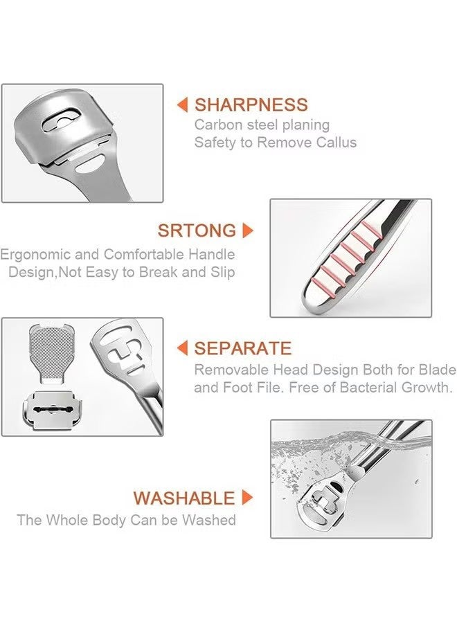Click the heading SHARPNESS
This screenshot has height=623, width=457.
(x=251, y=105)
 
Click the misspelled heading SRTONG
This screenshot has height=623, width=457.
(x=197, y=231)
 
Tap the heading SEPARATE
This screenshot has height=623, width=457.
(x=243, y=348)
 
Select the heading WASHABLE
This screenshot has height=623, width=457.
(x=184, y=498)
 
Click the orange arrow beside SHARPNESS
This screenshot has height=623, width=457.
(x=183, y=105)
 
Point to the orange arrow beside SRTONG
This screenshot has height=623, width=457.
(x=248, y=231)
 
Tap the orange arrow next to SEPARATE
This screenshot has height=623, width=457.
(x=183, y=348)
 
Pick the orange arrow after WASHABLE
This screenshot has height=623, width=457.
(x=247, y=498)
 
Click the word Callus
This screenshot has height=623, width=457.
(x=335, y=143)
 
